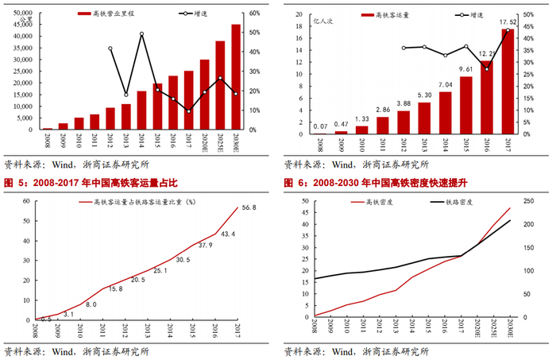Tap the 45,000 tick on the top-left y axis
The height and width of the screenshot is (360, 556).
tap(21, 25)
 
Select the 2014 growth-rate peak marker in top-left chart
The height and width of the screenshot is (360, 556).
tap(141, 34)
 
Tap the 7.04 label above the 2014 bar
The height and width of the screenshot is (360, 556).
tap(444, 84)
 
